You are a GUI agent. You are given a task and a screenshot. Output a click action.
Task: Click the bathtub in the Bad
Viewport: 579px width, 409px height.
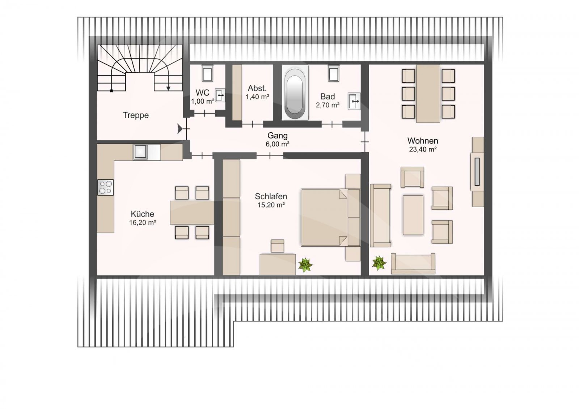295,92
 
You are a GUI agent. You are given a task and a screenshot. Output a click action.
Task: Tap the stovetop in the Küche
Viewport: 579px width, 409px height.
105,187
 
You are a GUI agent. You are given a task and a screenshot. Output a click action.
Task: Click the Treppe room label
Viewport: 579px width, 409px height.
136,115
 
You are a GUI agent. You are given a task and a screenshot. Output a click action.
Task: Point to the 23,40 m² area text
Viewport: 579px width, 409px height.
423,149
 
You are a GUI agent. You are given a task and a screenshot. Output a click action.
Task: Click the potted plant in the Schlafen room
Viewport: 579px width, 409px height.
305,265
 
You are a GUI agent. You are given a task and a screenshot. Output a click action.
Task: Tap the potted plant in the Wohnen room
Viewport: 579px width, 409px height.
379,263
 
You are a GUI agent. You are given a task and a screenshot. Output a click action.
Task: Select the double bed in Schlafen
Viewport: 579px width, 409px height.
331,217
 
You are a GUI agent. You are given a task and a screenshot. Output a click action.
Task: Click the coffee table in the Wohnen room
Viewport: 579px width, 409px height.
413,215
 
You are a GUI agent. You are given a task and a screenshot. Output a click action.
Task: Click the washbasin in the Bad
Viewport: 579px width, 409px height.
354,101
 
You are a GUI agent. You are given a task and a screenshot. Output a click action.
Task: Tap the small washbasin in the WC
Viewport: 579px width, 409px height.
220,95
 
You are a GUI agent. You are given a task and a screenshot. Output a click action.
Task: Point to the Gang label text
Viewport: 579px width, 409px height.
277,135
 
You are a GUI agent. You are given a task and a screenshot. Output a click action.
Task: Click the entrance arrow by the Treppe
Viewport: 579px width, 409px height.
180,129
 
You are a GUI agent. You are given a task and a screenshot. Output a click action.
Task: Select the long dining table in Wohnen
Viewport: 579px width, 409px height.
428,94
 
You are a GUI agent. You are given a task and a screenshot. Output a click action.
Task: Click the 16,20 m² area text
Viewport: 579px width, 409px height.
143,222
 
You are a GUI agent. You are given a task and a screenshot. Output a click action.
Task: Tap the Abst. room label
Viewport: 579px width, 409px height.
257,88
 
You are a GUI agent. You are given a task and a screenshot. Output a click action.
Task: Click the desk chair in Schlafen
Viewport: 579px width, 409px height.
277,246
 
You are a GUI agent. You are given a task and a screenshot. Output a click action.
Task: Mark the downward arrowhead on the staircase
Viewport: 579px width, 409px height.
168,88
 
